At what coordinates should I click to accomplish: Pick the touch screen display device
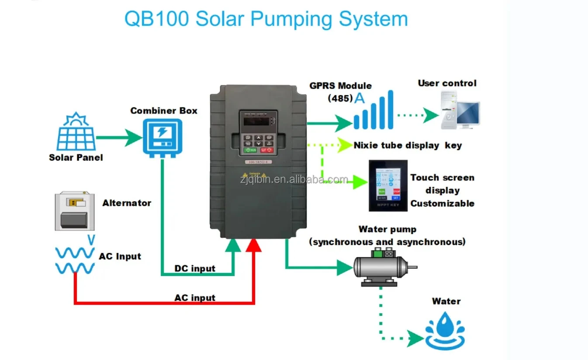[x=388, y=186]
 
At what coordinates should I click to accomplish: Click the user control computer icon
[x=459, y=110]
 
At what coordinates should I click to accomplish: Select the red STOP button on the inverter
[x=267, y=150]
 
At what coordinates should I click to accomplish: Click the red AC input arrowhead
[x=253, y=246]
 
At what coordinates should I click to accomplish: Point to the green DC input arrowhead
[x=233, y=246]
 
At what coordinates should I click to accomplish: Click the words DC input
[x=195, y=268]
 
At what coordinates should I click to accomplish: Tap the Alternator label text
[x=127, y=203]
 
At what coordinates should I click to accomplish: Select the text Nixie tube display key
[x=407, y=145]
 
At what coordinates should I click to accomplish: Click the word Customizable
[x=442, y=203]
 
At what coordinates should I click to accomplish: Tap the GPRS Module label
[x=340, y=86]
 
